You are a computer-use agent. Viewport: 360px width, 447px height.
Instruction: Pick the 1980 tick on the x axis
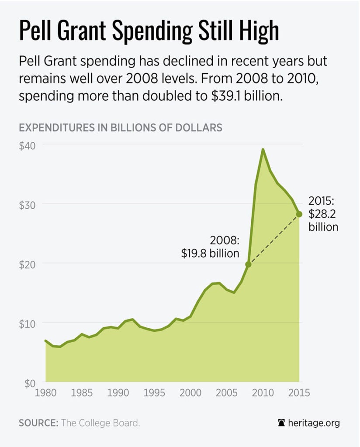click(x=45, y=393)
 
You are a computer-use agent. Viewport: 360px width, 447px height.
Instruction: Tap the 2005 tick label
click(x=226, y=393)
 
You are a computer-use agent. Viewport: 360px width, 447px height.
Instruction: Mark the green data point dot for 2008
click(x=248, y=264)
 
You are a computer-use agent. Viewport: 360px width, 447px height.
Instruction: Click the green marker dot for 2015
click(x=299, y=214)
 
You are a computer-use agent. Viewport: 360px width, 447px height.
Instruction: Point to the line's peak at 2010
click(x=263, y=149)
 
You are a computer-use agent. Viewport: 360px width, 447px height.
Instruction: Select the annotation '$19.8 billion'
click(x=210, y=253)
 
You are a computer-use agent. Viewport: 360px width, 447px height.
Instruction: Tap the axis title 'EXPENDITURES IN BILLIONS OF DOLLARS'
click(x=121, y=127)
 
